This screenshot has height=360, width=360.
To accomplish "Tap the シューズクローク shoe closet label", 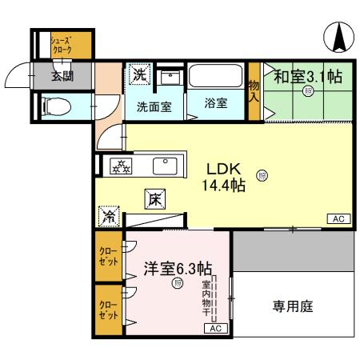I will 61,46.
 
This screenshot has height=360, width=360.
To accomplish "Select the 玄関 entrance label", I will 62,77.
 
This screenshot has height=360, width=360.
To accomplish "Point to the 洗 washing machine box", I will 139,76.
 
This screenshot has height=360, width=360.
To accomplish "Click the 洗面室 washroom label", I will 153,106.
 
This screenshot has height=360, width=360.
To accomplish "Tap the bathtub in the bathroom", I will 216,80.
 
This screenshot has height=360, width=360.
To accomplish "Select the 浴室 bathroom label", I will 215,105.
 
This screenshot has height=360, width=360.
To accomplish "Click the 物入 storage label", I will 254,90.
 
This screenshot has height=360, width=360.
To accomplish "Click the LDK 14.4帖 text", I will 226,177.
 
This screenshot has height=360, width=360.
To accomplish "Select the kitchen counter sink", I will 165,166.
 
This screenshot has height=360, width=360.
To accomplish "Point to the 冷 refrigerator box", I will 107,217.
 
